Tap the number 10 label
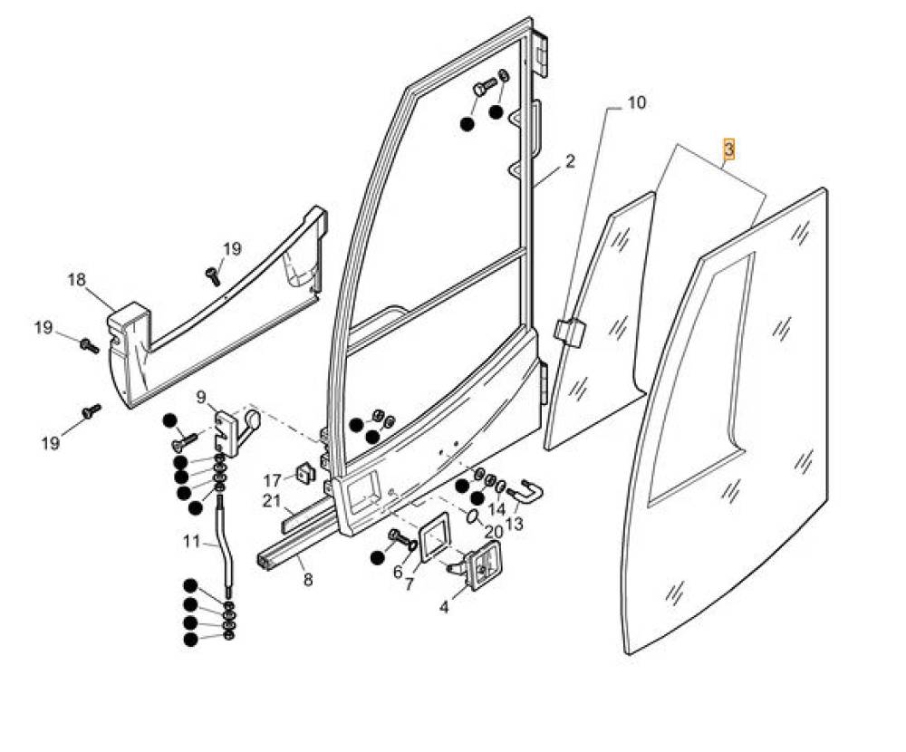tap(636, 102)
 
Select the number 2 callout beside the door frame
tap(570, 162)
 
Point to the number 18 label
tap(76, 280)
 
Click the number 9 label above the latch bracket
tap(200, 396)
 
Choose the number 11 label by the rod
tap(191, 542)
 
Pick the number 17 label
tap(273, 480)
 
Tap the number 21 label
tap(273, 501)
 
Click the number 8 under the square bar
tap(308, 580)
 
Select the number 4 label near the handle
tap(444, 607)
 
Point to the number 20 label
tap(493, 531)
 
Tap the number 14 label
tap(497, 509)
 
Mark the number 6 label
tap(398, 572)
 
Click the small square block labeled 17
tap(304, 472)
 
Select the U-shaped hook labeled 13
tap(529, 491)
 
